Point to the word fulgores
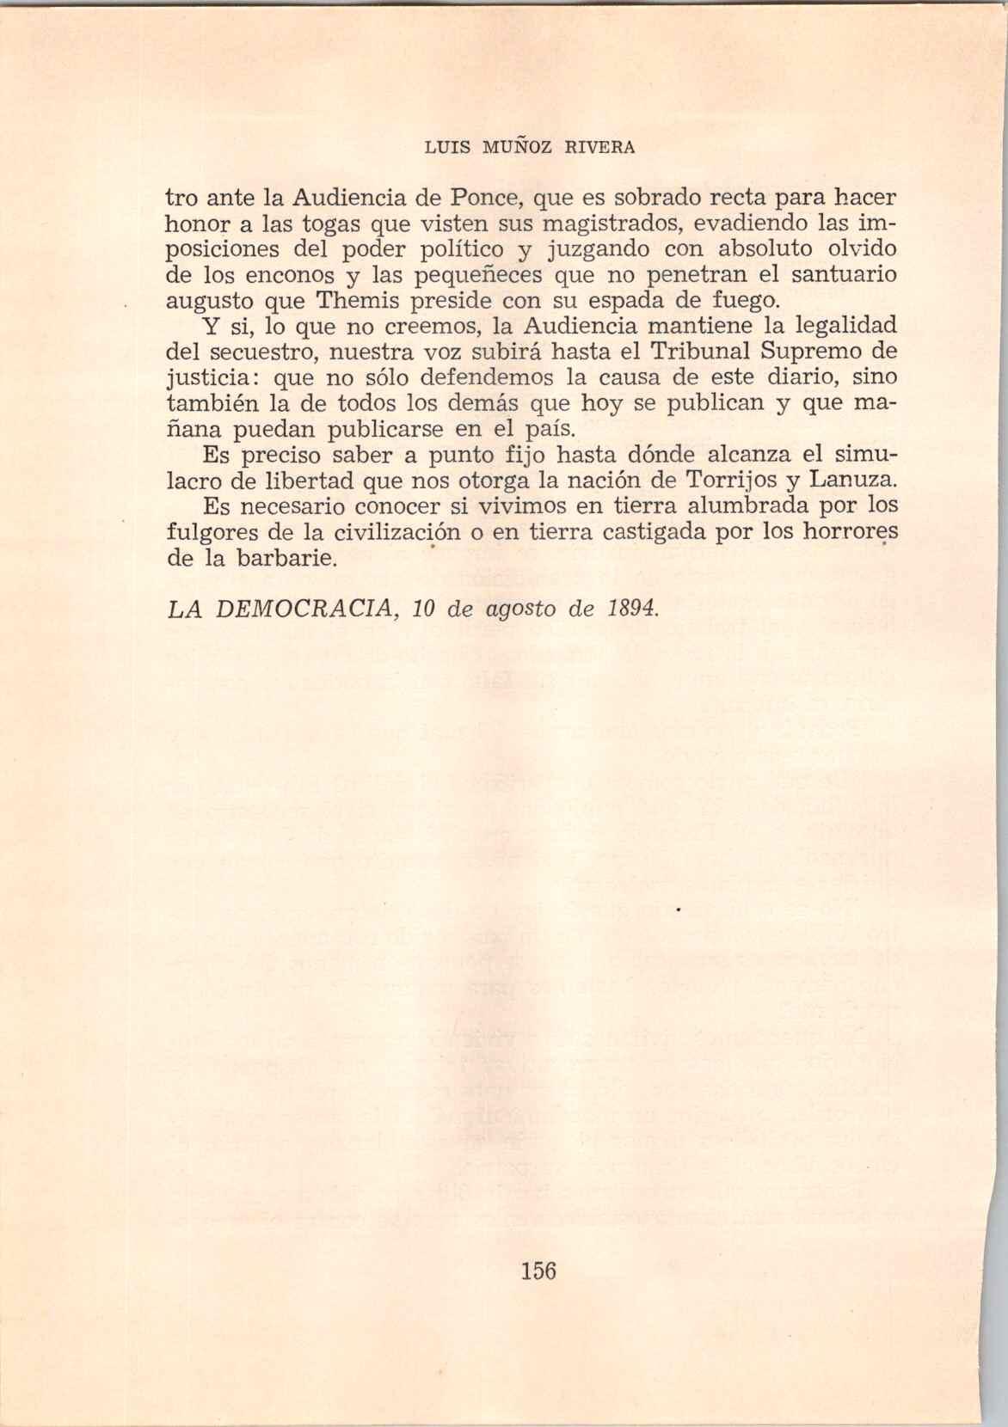pos(209,531)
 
